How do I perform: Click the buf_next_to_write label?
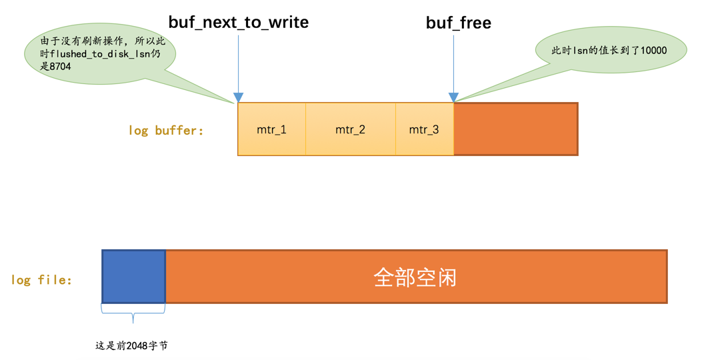coord(238,22)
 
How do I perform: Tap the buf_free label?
coord(458,23)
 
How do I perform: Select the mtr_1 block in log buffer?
coord(271,129)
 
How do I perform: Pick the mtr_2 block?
coord(350,129)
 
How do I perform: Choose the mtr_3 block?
coord(424,129)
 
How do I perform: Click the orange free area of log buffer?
coord(515,129)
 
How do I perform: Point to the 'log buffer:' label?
coord(166,131)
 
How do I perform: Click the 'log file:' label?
coord(41,280)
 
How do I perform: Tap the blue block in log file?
coord(133,277)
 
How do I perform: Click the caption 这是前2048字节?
coord(132,346)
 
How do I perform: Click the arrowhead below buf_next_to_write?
coord(238,98)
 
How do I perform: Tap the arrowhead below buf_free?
coord(453,98)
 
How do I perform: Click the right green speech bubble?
coord(610,51)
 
